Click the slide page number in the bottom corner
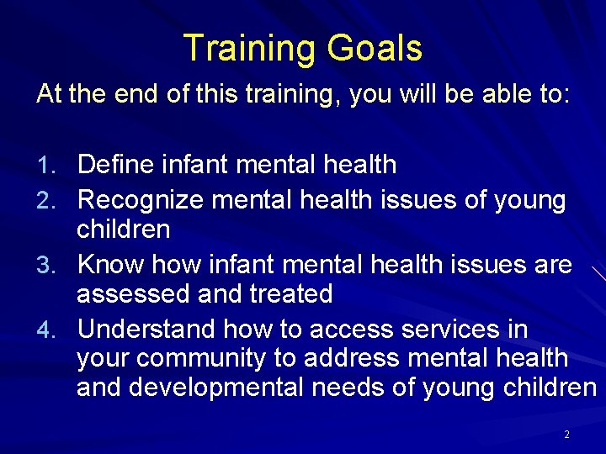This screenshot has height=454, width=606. pyautogui.click(x=566, y=435)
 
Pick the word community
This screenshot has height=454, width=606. pyautogui.click(x=201, y=358)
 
